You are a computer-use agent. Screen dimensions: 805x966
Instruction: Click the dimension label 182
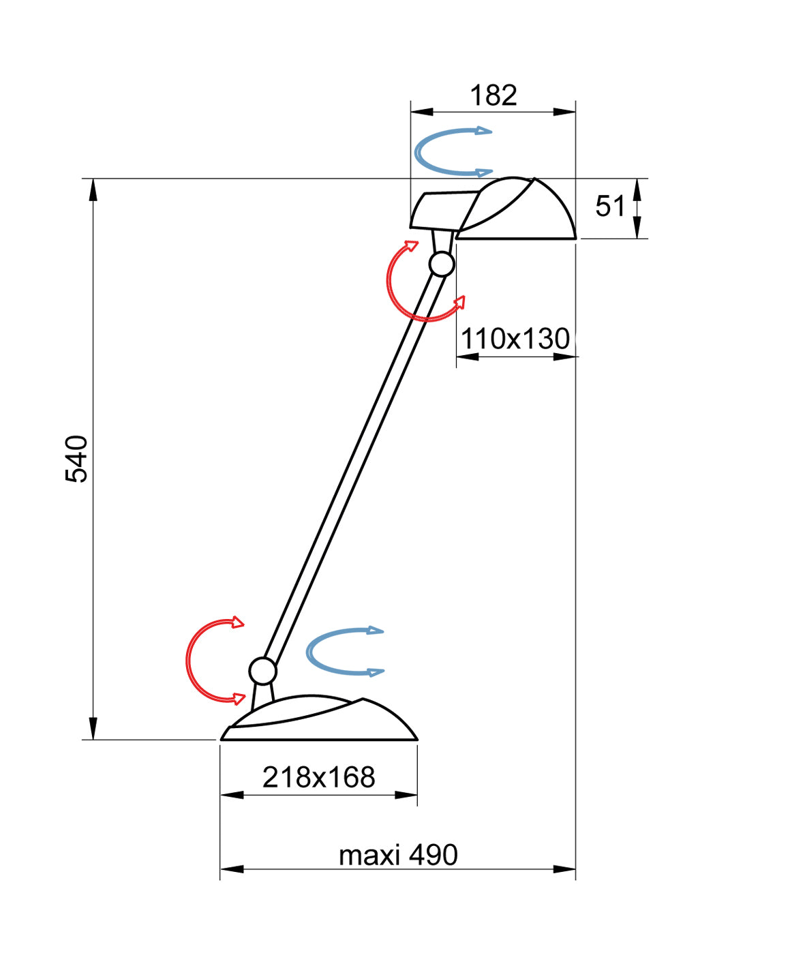493,95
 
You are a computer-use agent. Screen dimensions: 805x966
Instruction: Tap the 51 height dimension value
610,206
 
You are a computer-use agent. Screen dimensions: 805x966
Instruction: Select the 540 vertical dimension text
76,459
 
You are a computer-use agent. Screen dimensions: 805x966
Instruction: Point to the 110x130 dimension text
515,339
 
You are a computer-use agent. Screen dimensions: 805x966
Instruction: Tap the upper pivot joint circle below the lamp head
442,265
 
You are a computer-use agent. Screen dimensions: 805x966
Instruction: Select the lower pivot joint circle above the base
263,671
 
